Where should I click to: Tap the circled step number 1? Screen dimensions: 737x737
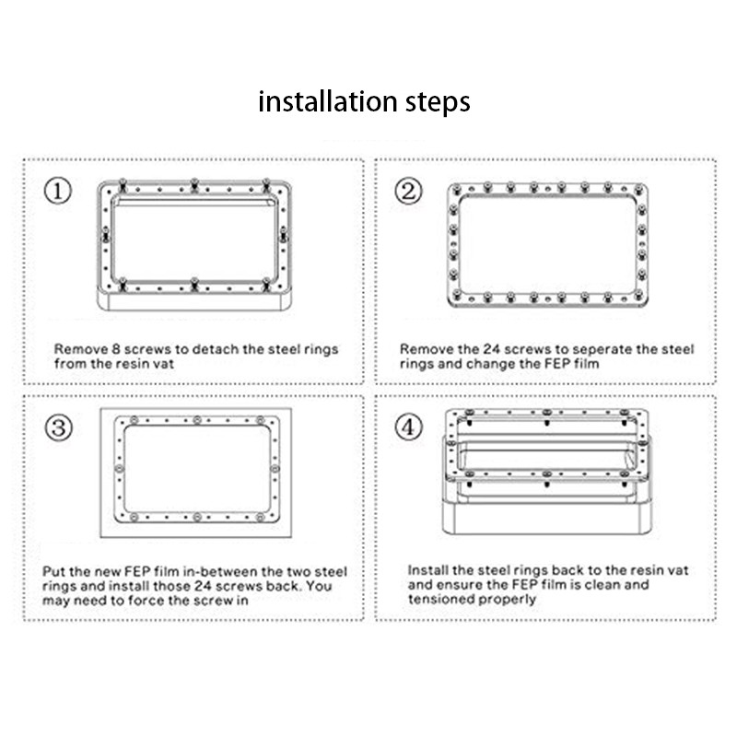[x=58, y=191]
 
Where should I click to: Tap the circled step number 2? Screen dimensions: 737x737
[x=408, y=191]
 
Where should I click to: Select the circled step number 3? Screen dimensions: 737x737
[x=58, y=427]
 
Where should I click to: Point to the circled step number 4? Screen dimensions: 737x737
[x=408, y=427]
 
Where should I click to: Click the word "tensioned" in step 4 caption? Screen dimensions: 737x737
[x=439, y=598]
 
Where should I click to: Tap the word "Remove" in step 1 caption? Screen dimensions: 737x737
[x=76, y=349]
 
